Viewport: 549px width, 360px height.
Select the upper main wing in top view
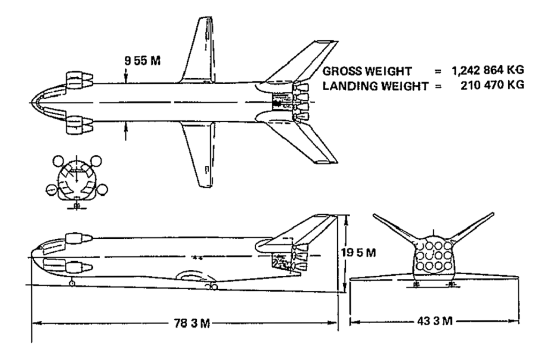click(199, 51)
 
